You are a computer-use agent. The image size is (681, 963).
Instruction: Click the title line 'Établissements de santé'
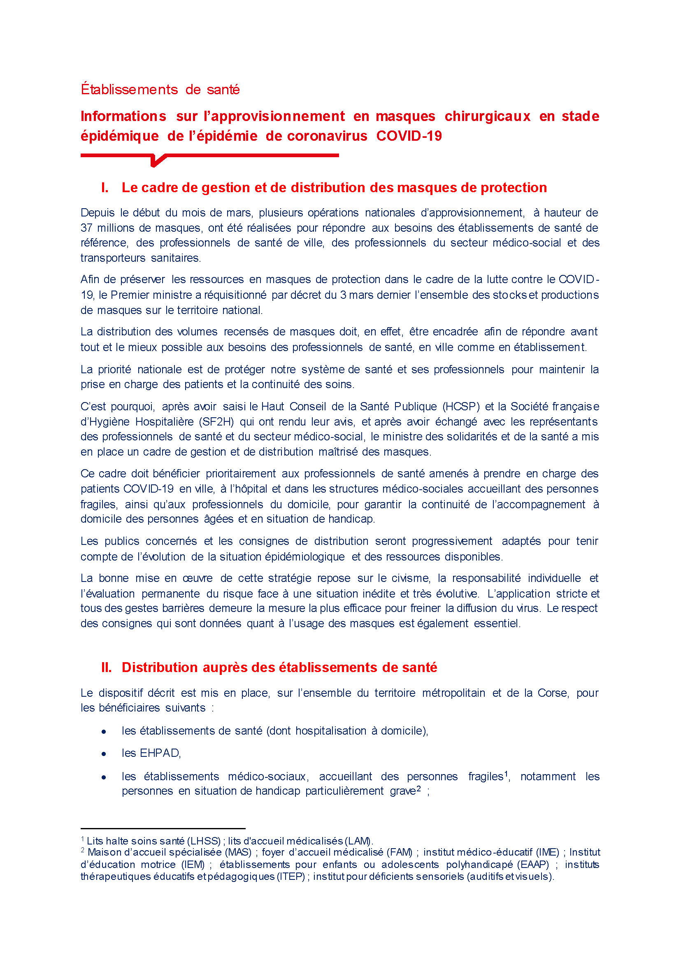pos(160,89)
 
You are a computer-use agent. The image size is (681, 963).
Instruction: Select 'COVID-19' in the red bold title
pos(409,136)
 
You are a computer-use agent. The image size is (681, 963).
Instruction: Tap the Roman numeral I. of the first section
pos(105,188)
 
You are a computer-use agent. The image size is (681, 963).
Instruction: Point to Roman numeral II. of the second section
pos(107,667)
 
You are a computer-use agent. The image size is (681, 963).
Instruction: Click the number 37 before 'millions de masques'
pos(86,228)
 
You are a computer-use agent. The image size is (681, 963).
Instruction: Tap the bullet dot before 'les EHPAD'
pos(104,754)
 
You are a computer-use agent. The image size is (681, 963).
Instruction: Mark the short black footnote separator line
pos(163,828)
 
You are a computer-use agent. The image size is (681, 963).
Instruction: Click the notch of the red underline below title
pos(156,161)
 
